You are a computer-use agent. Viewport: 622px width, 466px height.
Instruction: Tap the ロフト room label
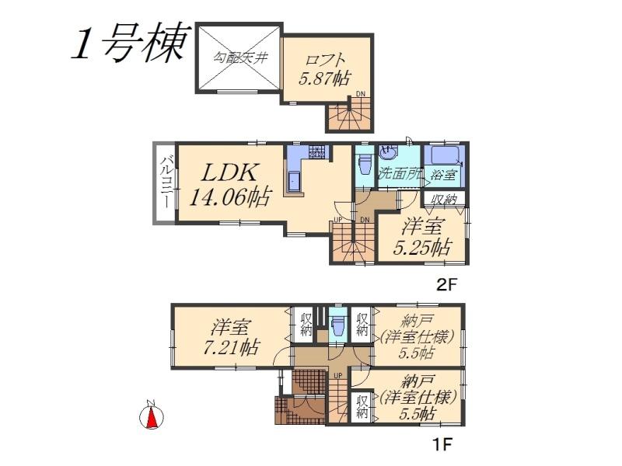tap(326, 58)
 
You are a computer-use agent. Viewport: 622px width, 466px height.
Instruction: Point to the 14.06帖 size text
tap(230, 197)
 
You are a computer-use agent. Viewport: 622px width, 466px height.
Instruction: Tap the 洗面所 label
tap(400, 174)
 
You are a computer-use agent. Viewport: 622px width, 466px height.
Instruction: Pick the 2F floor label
tap(446, 284)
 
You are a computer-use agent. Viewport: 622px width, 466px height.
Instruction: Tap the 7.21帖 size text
tap(229, 346)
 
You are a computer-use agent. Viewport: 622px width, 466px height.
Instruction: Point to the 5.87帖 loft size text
tap(324, 78)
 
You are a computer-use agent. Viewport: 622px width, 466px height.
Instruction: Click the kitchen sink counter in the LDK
tap(295, 181)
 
